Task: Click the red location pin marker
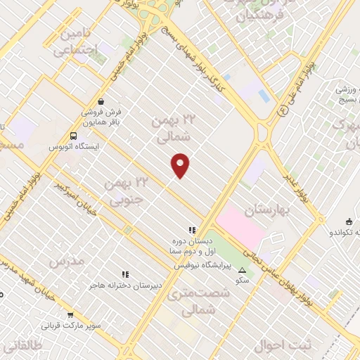point(181,165)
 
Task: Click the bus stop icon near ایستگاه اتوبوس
point(74,136)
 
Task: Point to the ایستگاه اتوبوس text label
point(74,147)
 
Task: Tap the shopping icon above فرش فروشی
point(102,101)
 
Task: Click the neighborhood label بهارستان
point(267,210)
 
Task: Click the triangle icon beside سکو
point(243,270)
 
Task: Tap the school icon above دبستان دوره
point(191,230)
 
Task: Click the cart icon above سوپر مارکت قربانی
point(70,315)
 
